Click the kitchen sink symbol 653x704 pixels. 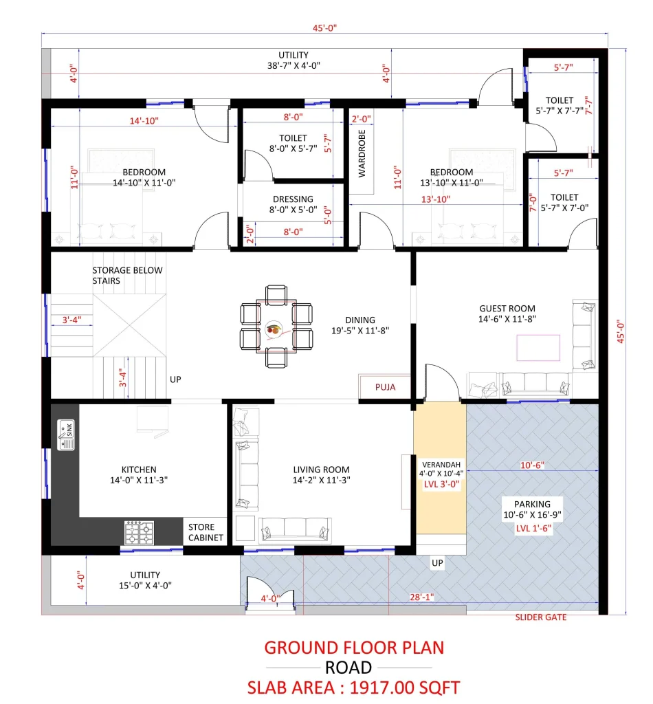tap(65, 434)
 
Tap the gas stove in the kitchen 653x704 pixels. tap(140, 532)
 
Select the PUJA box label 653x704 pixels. tap(385, 387)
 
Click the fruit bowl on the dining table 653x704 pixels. tap(274, 329)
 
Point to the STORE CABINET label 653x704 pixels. tap(206, 532)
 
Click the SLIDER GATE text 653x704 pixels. tap(541, 617)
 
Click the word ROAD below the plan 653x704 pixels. tap(348, 667)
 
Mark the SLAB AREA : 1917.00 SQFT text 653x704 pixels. tap(353, 687)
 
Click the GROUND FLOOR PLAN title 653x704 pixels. tap(354, 647)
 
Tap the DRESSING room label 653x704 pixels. tap(293, 199)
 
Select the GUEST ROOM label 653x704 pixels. tap(507, 309)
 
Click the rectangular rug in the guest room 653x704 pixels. tap(538, 346)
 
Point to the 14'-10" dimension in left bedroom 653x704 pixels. tap(144, 121)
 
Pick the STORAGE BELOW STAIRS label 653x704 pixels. tap(128, 275)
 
